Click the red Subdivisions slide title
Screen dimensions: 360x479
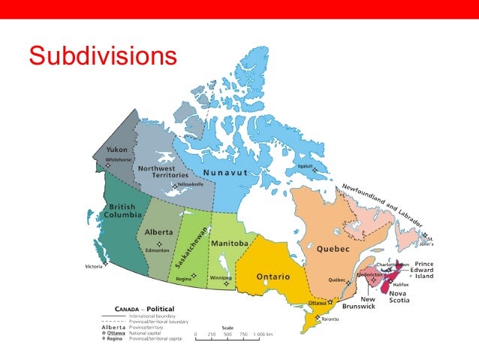[x=103, y=56]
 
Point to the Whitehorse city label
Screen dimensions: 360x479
[x=119, y=159]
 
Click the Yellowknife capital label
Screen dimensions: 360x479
[x=188, y=184]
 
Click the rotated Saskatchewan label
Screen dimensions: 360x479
[x=191, y=247]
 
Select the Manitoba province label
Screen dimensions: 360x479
[x=230, y=244]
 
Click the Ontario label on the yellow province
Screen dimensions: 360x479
[x=274, y=277]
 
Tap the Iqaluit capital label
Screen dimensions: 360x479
[x=306, y=165]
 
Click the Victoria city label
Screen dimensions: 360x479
[x=94, y=266]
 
